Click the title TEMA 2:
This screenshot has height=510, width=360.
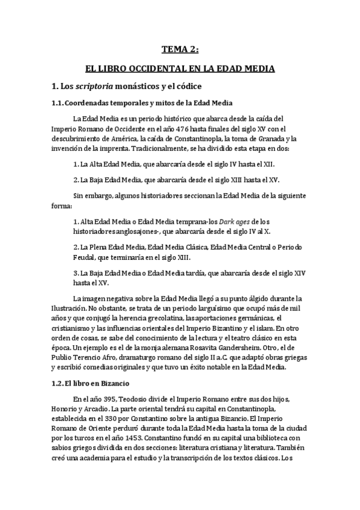coord(180,51)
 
